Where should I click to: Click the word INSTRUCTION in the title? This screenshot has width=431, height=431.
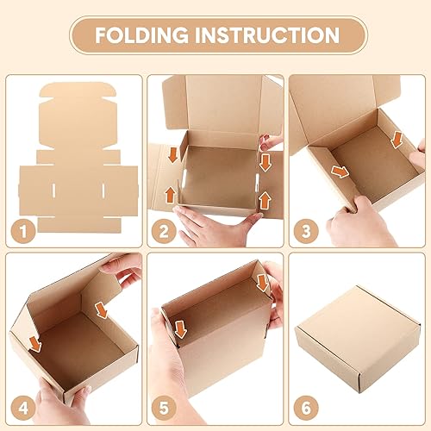tap(268, 35)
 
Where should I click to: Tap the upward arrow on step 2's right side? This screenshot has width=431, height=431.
tap(265, 200)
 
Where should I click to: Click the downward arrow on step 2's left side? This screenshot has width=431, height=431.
tap(172, 156)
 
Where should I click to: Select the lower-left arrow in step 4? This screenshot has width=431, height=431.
tap(34, 345)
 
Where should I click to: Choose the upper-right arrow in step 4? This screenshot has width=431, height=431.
tap(103, 308)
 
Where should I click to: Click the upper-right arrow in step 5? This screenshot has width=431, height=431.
tap(261, 283)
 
